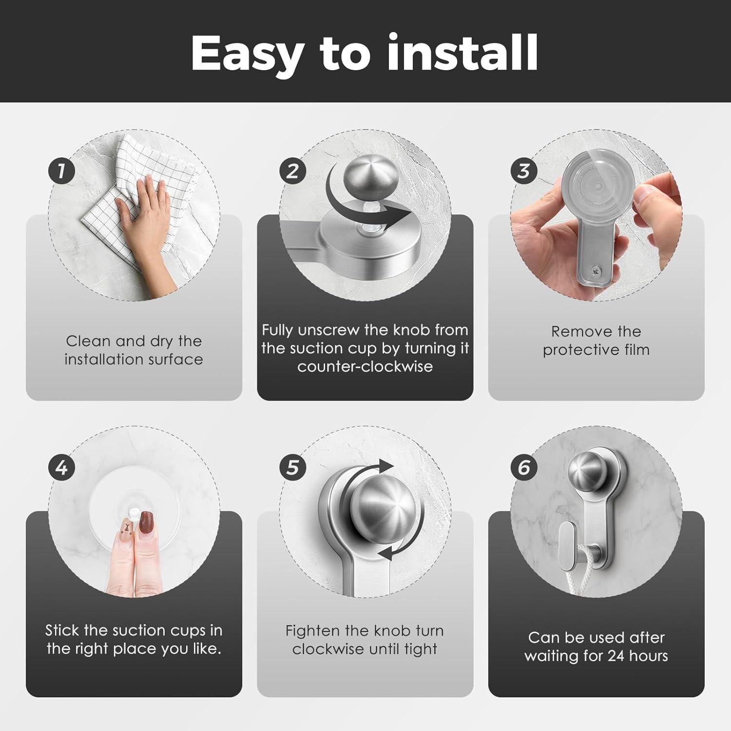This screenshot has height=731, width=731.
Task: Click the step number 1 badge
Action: click(61, 171)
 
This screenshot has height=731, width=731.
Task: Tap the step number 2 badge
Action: click(292, 171)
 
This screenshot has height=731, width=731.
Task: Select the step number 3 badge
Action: click(524, 171)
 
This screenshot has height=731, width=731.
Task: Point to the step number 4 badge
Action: click(61, 468)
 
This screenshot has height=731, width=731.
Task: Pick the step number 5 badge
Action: click(292, 468)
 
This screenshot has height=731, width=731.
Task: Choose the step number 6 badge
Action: click(524, 468)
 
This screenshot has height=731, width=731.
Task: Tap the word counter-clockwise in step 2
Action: click(365, 366)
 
